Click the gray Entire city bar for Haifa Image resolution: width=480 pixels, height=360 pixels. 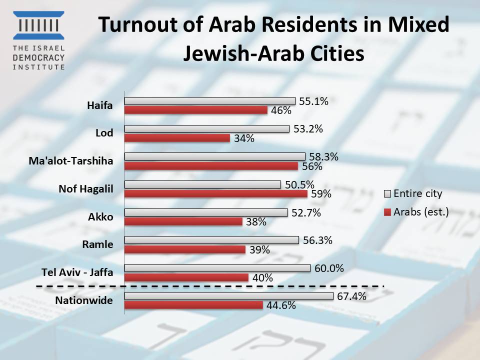click(x=209, y=101)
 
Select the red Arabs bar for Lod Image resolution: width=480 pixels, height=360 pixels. click(x=177, y=138)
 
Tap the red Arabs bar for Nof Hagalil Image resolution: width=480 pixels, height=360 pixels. click(x=215, y=193)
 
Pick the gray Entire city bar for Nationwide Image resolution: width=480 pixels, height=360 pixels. click(x=228, y=296)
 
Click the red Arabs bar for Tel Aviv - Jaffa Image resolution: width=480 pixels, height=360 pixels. click(x=186, y=277)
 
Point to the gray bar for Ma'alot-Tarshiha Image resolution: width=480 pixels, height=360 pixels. click(x=214, y=156)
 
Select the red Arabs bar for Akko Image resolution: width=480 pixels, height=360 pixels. click(x=183, y=221)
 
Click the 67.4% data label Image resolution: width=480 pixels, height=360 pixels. click(x=352, y=296)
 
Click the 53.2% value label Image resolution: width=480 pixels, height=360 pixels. click(x=308, y=128)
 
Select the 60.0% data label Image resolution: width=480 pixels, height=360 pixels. click(x=329, y=268)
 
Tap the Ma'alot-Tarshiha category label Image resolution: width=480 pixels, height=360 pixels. click(x=78, y=161)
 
